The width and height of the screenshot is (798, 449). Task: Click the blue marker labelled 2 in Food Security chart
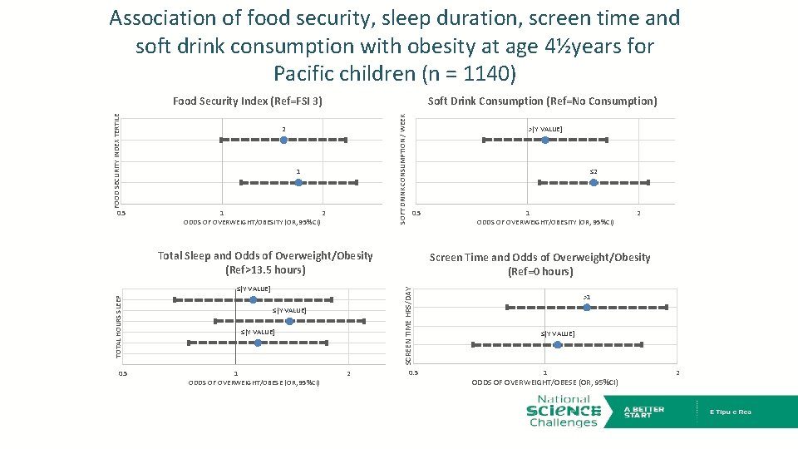pos(283,141)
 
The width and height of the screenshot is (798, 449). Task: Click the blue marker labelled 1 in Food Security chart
pos(298,182)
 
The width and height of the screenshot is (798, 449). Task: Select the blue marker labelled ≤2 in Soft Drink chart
pos(594,182)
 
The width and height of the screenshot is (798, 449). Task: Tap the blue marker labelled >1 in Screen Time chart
pos(587,308)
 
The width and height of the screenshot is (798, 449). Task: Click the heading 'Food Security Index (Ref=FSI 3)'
pos(248,101)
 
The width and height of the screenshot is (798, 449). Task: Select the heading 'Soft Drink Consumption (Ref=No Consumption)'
pos(542,101)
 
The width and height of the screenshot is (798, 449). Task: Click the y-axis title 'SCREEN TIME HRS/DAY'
pos(408,324)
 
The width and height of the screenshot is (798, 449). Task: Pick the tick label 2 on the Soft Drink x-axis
pos(638,214)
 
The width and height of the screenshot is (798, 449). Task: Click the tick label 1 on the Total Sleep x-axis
pos(236,374)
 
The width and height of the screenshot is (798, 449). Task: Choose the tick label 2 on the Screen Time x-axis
pos(677,373)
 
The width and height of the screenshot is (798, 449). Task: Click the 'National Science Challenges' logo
pos(564,412)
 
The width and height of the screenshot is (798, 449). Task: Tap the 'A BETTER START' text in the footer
pos(644,412)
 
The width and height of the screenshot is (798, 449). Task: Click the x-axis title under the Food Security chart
pos(252,222)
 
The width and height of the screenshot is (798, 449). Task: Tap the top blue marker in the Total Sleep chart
pos(254,299)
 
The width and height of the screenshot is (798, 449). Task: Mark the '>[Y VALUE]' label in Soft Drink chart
pos(545,129)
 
